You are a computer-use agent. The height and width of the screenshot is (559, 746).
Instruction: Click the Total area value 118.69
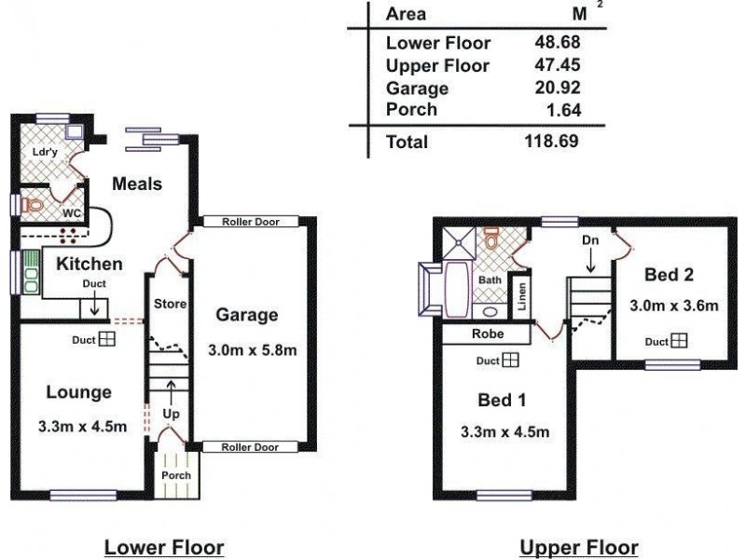tap(551, 142)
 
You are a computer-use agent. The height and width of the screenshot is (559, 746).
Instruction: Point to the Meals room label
tap(137, 184)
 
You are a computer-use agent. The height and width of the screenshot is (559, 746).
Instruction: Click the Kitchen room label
tap(90, 264)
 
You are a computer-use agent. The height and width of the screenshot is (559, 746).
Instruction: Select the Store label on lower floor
tap(171, 304)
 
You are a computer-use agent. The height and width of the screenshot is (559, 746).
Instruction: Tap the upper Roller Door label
tap(250, 222)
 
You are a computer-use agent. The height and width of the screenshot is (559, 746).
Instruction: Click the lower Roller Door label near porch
tap(250, 447)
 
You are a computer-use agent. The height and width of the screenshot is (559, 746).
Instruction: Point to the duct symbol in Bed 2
tap(679, 340)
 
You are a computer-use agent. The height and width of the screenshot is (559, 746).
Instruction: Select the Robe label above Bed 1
tap(487, 333)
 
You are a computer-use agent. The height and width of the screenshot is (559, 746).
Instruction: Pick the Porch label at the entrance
tap(176, 475)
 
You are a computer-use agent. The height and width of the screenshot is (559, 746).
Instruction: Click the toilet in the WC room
tap(34, 204)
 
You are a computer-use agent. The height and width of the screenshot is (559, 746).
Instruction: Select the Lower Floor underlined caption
tap(164, 547)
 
